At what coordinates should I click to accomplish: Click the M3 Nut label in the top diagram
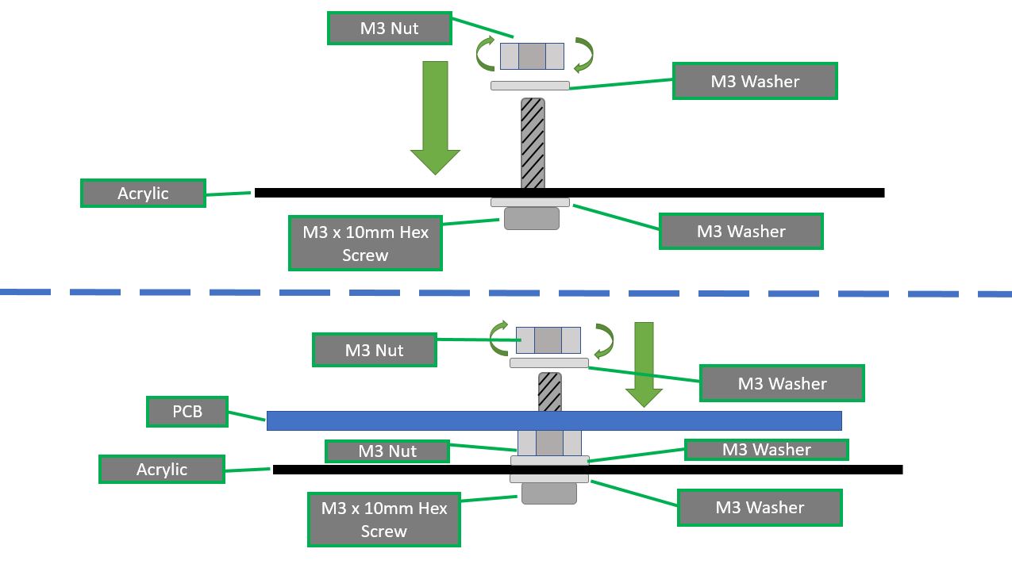[x=389, y=29]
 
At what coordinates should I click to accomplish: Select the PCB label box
[x=187, y=413]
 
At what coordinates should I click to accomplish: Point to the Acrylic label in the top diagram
[x=143, y=193]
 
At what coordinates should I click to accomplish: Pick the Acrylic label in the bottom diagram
[x=161, y=469]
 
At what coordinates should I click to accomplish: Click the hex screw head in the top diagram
[x=531, y=218]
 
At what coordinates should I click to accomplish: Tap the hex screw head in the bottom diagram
[x=548, y=493]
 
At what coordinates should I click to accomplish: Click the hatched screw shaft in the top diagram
[x=532, y=143]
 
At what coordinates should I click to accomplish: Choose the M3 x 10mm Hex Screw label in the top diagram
[x=365, y=244]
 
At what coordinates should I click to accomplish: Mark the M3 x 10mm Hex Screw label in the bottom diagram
[x=384, y=520]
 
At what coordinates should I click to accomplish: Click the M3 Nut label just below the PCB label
[x=387, y=451]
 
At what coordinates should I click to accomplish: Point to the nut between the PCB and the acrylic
[x=548, y=443]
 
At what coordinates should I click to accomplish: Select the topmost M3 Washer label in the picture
[x=755, y=81]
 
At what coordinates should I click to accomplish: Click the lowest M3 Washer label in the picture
[x=760, y=508]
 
